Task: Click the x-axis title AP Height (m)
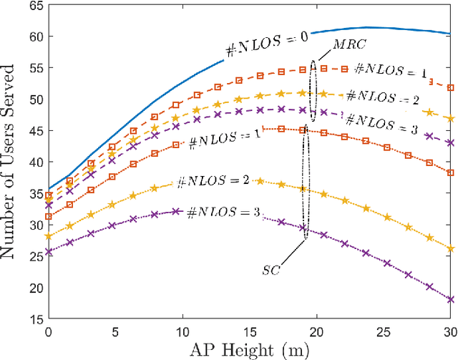click(249, 349)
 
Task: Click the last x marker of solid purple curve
click(449, 299)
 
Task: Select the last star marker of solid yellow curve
click(449, 248)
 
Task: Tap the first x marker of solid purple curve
click(49, 251)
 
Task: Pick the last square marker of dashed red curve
click(449, 87)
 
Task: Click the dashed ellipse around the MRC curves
click(313, 89)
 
